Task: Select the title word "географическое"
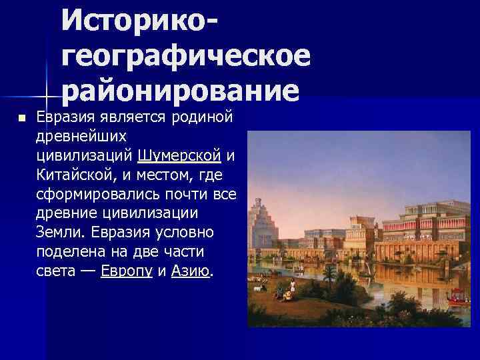coord(187,59)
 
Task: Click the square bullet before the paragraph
coord(21,118)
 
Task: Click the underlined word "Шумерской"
coord(180,156)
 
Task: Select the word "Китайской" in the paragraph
coord(71,175)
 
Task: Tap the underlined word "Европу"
coord(127,272)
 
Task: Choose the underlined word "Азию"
coord(191,272)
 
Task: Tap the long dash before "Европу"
coord(89,272)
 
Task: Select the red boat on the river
coord(456,294)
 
